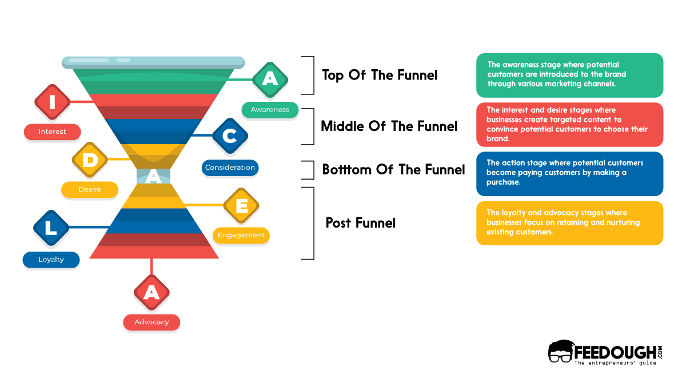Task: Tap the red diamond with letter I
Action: click(53, 102)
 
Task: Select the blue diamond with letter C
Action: click(230, 136)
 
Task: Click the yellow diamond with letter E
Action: click(241, 205)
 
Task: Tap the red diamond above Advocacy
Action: click(151, 292)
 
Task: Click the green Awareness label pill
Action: click(270, 110)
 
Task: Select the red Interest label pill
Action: click(52, 132)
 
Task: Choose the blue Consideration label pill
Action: click(230, 168)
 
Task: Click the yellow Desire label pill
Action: click(90, 190)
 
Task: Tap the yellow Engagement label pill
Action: click(241, 235)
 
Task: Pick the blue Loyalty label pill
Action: click(51, 260)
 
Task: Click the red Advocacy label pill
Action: click(151, 323)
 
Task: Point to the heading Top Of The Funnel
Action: click(380, 75)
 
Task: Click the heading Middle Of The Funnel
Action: click(389, 126)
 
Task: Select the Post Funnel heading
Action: click(360, 222)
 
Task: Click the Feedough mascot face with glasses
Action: click(560, 352)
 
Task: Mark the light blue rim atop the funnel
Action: click(153, 61)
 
